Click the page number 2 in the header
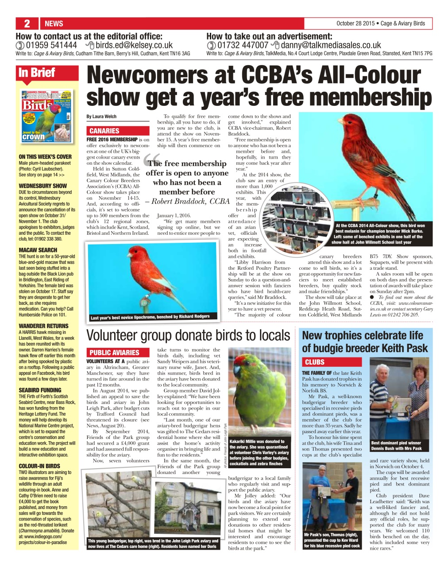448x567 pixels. pyautogui.click(x=27, y=23)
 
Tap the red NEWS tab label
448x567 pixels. pyautogui.click(x=54, y=23)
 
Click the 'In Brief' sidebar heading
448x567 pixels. pyautogui.click(x=37, y=73)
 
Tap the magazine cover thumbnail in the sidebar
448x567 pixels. pyautogui.click(x=46, y=117)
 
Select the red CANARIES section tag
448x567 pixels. pyautogui.click(x=104, y=131)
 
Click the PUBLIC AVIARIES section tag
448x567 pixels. pyautogui.click(x=114, y=353)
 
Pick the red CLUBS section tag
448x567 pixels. pyautogui.click(x=315, y=362)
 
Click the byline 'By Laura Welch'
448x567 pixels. pyautogui.click(x=101, y=117)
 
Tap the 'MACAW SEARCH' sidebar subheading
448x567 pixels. pyautogui.click(x=38, y=250)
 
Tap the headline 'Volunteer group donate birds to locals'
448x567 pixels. pyautogui.click(x=189, y=335)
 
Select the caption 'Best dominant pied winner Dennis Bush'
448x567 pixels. pyautogui.click(x=396, y=445)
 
